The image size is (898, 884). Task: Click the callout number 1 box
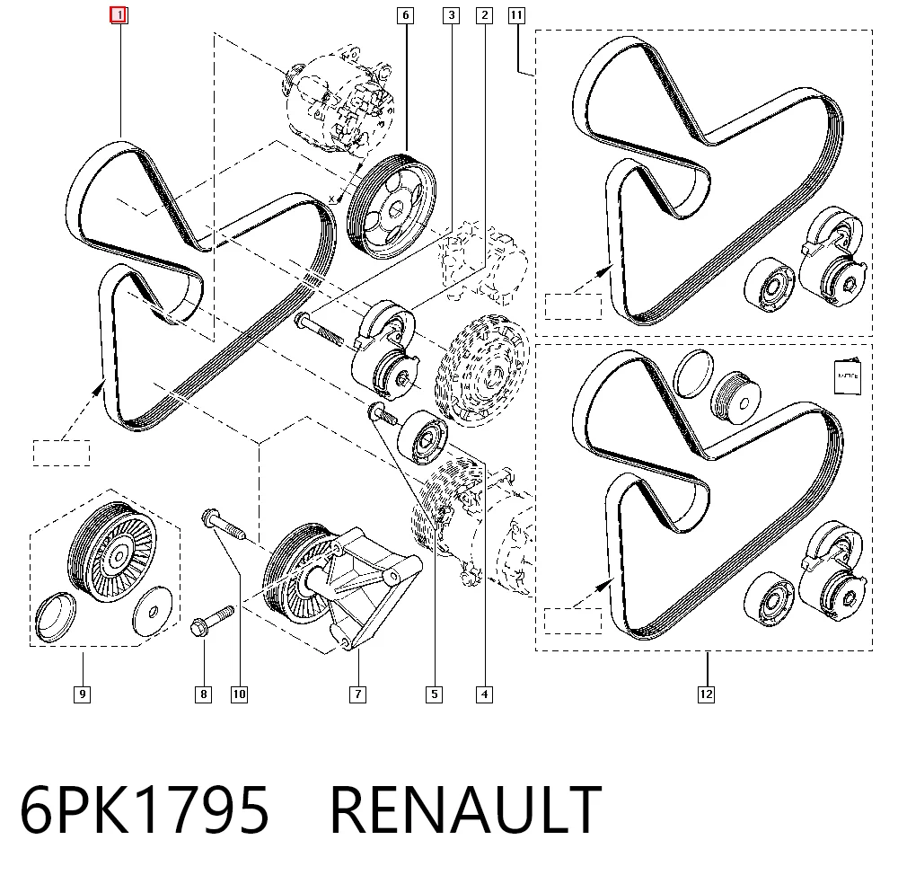click(x=119, y=15)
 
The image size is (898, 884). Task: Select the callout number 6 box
click(x=406, y=15)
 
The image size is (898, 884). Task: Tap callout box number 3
click(x=452, y=15)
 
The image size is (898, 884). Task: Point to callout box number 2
click(x=485, y=15)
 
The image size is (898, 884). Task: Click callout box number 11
click(x=516, y=15)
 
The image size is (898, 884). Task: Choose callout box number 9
click(x=83, y=694)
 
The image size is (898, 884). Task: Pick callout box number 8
click(x=203, y=694)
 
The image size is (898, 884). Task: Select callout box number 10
click(x=240, y=694)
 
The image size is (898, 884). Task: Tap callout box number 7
click(x=358, y=694)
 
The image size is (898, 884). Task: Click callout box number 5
click(x=434, y=694)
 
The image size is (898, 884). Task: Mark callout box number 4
click(x=485, y=694)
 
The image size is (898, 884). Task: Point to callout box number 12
click(x=706, y=694)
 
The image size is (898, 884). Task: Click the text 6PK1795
click(x=145, y=810)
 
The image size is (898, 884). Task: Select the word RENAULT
click(x=465, y=810)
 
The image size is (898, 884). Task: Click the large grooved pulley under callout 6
click(x=392, y=207)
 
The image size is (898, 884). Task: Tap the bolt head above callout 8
click(x=198, y=627)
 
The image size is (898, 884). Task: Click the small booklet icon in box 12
click(x=848, y=376)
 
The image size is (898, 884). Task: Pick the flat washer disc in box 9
click(x=153, y=611)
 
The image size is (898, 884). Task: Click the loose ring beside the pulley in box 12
click(x=694, y=374)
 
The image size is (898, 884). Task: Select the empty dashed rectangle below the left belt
click(x=61, y=453)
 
